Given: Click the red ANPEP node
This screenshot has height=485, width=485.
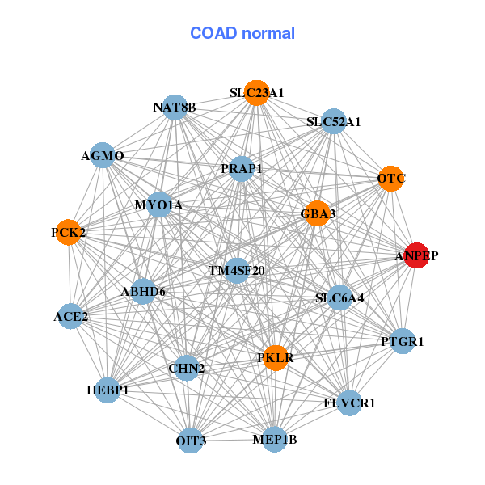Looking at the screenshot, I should pos(416,255).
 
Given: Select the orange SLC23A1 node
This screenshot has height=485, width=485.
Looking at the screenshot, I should pos(256,93).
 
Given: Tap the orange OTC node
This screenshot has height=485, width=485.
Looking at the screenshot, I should pos(390,178).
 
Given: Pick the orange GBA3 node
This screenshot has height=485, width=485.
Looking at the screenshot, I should pos(318,213).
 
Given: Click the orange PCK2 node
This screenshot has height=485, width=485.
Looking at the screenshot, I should pos(69,233).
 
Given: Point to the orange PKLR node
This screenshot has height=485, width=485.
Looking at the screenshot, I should pos(276,357).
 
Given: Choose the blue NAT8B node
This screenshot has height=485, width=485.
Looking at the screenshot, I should pos(175,107).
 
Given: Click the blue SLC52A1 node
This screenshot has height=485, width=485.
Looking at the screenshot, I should pos(333,122).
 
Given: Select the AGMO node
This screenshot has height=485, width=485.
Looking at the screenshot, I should pos(103,155).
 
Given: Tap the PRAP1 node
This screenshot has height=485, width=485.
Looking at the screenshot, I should pos(242,169).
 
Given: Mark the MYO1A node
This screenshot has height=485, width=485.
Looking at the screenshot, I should pos(158,205).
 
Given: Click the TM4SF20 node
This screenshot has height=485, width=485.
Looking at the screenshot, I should pos(236,270).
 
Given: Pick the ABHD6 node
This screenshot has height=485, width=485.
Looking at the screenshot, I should pos(143,291).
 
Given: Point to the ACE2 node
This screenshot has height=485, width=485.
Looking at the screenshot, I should pos(71,316).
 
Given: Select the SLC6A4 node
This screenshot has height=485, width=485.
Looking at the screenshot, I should pos(339,297).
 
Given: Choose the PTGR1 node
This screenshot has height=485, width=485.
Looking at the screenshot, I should pos(402,341).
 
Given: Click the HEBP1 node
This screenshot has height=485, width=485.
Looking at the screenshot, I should pos(108,390).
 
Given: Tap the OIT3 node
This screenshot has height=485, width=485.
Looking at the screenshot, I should pos(191,441).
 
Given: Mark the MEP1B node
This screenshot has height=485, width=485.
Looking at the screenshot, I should pos(274,440).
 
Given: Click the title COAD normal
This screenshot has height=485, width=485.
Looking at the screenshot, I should pos(242,34).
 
